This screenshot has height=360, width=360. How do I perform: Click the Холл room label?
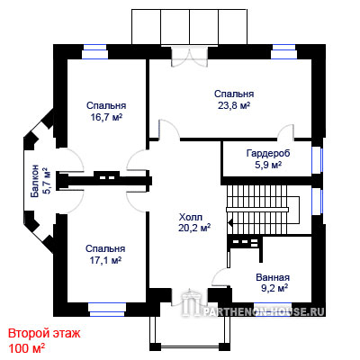191,217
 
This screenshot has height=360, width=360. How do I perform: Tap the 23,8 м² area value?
234,105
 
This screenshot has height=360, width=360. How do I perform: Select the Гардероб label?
268,153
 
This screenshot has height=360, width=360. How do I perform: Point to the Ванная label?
273,277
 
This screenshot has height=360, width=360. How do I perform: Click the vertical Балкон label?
35,181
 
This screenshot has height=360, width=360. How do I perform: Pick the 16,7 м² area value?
106,117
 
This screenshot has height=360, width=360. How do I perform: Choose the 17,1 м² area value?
105,260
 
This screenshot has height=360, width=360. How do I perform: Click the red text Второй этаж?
44,333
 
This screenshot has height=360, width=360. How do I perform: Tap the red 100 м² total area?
27,348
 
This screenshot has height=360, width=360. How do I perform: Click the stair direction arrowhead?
230,223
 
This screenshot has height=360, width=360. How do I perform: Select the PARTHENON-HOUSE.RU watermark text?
264,312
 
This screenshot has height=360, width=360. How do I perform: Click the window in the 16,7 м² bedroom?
95,51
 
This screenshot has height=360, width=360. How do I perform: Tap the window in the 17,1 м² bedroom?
107,310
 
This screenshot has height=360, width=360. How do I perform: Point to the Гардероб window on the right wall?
317,160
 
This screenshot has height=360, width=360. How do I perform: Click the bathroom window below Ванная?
272,309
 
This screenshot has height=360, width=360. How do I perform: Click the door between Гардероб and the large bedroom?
285,132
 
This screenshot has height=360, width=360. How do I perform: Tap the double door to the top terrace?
190,56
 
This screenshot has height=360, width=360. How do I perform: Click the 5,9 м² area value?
268,165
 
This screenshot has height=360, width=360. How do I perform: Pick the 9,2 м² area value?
274,288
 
